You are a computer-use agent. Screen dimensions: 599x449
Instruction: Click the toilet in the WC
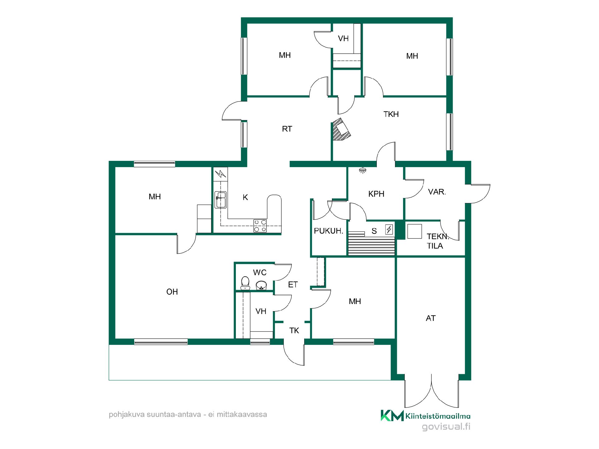tap(245, 283)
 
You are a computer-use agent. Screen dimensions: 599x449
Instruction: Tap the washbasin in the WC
tap(261, 285)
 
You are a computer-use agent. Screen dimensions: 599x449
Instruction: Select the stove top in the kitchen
tap(260, 226)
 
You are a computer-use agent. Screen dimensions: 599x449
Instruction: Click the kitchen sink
tap(221, 200)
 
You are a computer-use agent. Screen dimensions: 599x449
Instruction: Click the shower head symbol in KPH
tap(362, 170)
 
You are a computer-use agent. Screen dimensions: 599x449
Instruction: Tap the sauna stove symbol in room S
tap(389, 230)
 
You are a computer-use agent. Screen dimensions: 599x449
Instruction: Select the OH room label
tap(172, 292)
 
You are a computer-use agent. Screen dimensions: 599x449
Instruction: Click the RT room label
tap(287, 129)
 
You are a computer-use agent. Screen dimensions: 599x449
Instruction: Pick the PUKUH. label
tap(329, 231)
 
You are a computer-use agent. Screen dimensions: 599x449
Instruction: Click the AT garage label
tap(431, 318)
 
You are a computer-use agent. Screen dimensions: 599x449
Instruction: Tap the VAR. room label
tap(437, 192)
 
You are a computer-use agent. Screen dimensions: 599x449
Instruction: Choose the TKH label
tap(391, 114)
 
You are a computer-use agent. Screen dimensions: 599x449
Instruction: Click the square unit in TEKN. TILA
tap(414, 232)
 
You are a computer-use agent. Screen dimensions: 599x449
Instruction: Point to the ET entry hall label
tap(293, 284)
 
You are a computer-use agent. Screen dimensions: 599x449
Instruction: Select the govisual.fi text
tap(446, 427)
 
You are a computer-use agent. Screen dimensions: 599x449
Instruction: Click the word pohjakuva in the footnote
tap(123, 415)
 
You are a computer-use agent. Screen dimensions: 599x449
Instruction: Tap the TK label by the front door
tap(294, 331)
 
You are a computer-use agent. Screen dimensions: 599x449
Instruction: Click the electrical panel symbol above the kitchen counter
tap(221, 174)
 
